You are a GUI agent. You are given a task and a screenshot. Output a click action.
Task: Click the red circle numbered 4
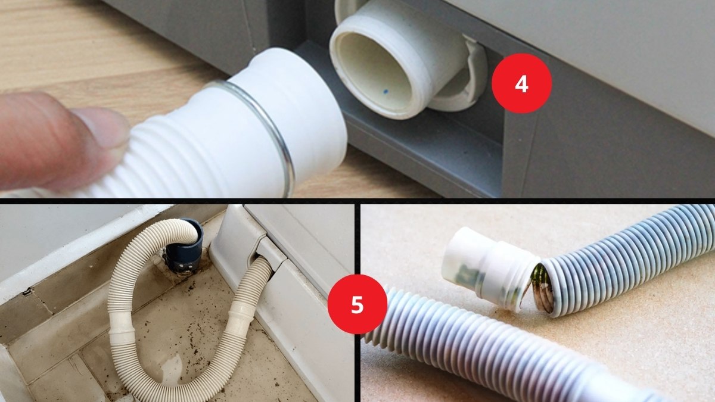(521, 83)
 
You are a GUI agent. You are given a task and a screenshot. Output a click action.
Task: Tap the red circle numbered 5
(357, 304)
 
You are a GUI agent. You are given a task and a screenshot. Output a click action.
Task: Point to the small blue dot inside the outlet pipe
(386, 92)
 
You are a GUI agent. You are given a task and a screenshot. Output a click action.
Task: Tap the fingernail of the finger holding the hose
(102, 126)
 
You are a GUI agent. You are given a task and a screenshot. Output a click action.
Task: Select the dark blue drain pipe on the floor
(185, 245)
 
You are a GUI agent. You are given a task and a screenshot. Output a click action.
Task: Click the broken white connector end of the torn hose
(489, 268)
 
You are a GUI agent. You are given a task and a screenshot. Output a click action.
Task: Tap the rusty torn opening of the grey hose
(543, 287)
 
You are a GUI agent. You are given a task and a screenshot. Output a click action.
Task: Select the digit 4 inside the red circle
(521, 84)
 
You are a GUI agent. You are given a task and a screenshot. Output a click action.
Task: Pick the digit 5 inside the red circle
(357, 304)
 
